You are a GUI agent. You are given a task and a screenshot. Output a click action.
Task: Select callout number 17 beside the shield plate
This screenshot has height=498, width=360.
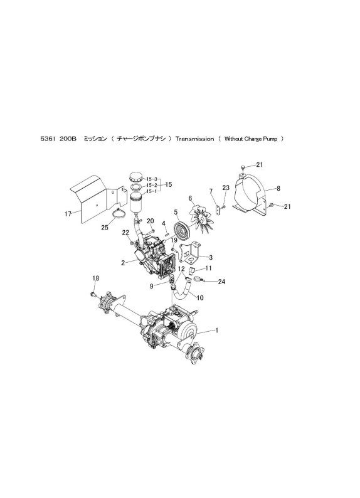tap(68, 214)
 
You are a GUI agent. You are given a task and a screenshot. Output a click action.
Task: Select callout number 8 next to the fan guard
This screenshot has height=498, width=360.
tap(278, 188)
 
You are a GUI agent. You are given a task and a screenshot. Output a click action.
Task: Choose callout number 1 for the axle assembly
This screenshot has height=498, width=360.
tap(217, 329)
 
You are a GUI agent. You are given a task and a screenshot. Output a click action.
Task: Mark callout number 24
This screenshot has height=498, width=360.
tap(221, 282)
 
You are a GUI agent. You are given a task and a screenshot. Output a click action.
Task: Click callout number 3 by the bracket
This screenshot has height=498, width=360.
tap(210, 257)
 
